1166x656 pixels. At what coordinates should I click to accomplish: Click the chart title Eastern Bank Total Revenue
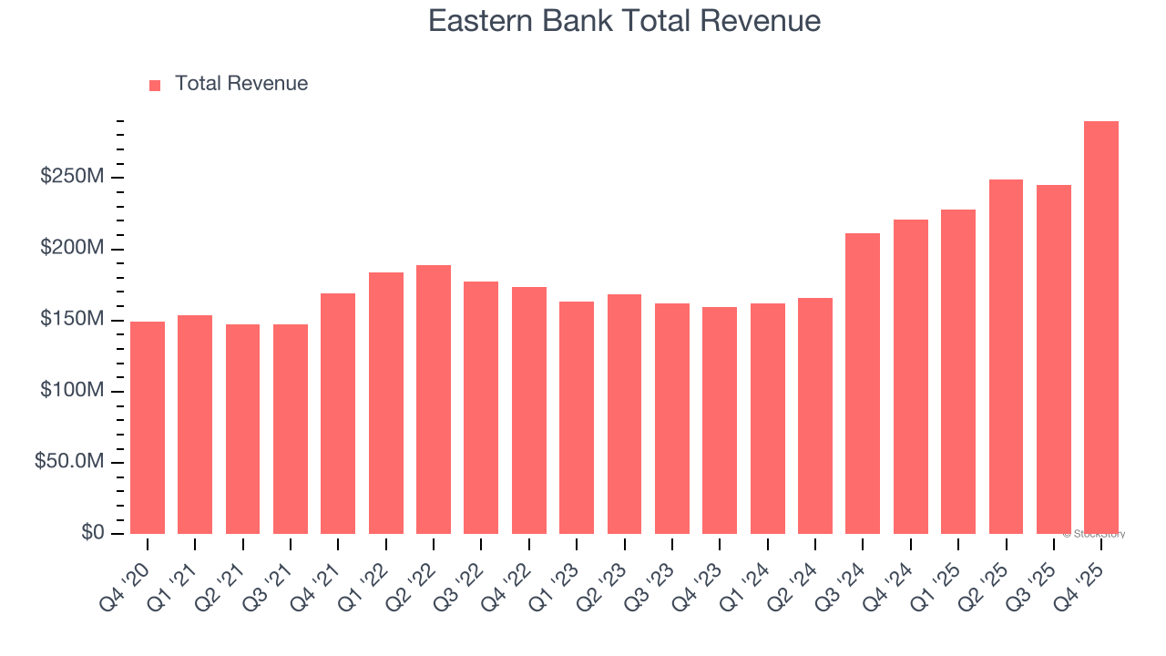624,21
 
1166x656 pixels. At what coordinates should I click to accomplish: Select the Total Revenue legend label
241,84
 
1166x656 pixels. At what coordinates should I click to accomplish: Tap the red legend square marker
155,85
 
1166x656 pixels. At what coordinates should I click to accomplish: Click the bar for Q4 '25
1100,328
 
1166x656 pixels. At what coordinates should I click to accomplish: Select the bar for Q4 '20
148,427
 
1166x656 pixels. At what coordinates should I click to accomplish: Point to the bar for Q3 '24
863,384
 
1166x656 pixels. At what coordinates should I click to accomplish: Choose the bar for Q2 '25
1006,356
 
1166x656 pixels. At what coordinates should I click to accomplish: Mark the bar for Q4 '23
720,420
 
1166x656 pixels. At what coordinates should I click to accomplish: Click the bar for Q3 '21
291,429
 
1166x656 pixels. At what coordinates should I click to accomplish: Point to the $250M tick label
71,177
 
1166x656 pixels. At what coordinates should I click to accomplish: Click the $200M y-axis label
71,249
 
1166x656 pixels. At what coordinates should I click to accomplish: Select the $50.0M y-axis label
68,462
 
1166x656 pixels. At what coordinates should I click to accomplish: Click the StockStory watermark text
1094,534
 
